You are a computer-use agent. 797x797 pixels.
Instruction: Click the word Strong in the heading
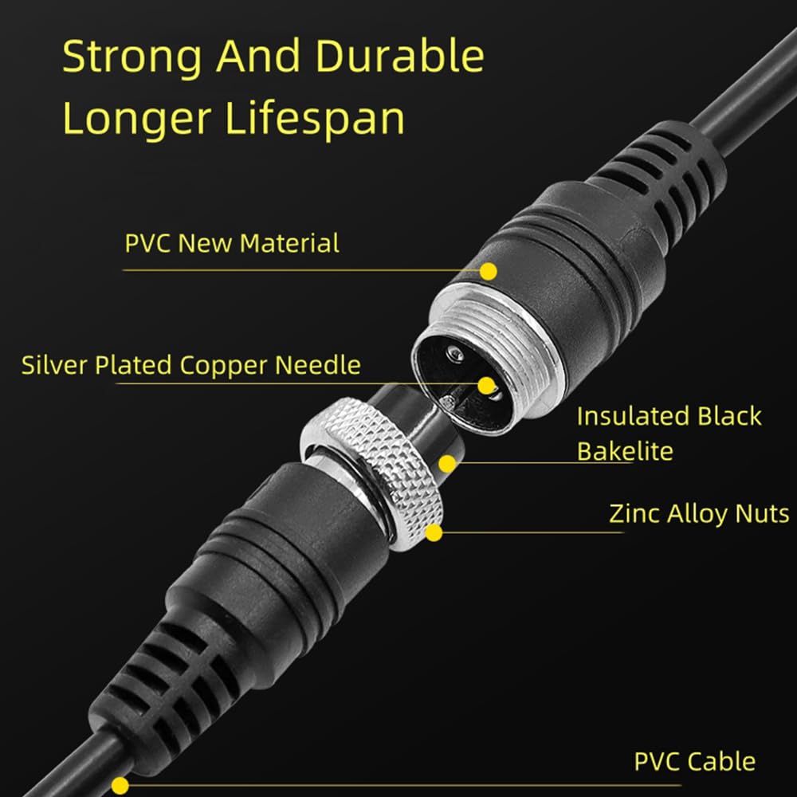coord(132,58)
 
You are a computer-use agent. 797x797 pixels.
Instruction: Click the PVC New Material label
coord(232,243)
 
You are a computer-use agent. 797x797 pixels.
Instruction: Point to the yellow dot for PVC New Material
coord(489,271)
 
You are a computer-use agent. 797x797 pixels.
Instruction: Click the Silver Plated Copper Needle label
coord(191,365)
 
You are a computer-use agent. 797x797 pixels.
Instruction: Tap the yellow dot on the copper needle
coord(486,386)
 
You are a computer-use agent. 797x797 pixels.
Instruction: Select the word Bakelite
coord(625,451)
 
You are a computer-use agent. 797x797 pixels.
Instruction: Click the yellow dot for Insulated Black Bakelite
coord(448,462)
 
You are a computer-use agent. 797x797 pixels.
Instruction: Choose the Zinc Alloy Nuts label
coord(699,513)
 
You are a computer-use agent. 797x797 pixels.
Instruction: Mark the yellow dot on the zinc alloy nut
coord(434,532)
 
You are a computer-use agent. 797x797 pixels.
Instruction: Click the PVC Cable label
coord(695,761)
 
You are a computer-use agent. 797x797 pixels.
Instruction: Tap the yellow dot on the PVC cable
coord(120,784)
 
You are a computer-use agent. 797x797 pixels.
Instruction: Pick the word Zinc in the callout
coord(632,513)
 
